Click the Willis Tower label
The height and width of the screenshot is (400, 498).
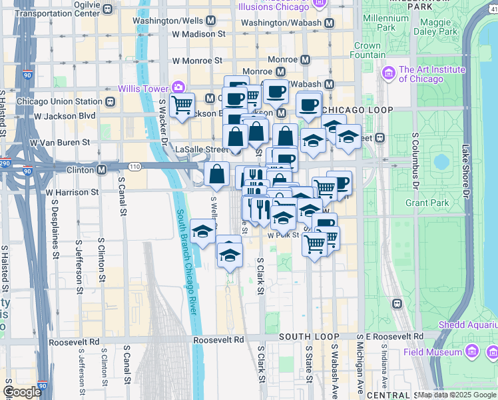143,88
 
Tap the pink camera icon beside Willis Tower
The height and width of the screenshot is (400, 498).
178,87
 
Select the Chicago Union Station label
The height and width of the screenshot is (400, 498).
59,101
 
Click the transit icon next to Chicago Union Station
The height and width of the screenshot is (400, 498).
111,101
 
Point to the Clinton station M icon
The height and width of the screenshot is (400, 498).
101,170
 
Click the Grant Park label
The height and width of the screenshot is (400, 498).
425,202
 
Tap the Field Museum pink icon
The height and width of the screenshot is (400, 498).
471,351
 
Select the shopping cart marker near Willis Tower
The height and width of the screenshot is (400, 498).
182,105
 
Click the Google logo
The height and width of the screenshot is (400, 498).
22,392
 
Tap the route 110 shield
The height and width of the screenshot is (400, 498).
135,165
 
